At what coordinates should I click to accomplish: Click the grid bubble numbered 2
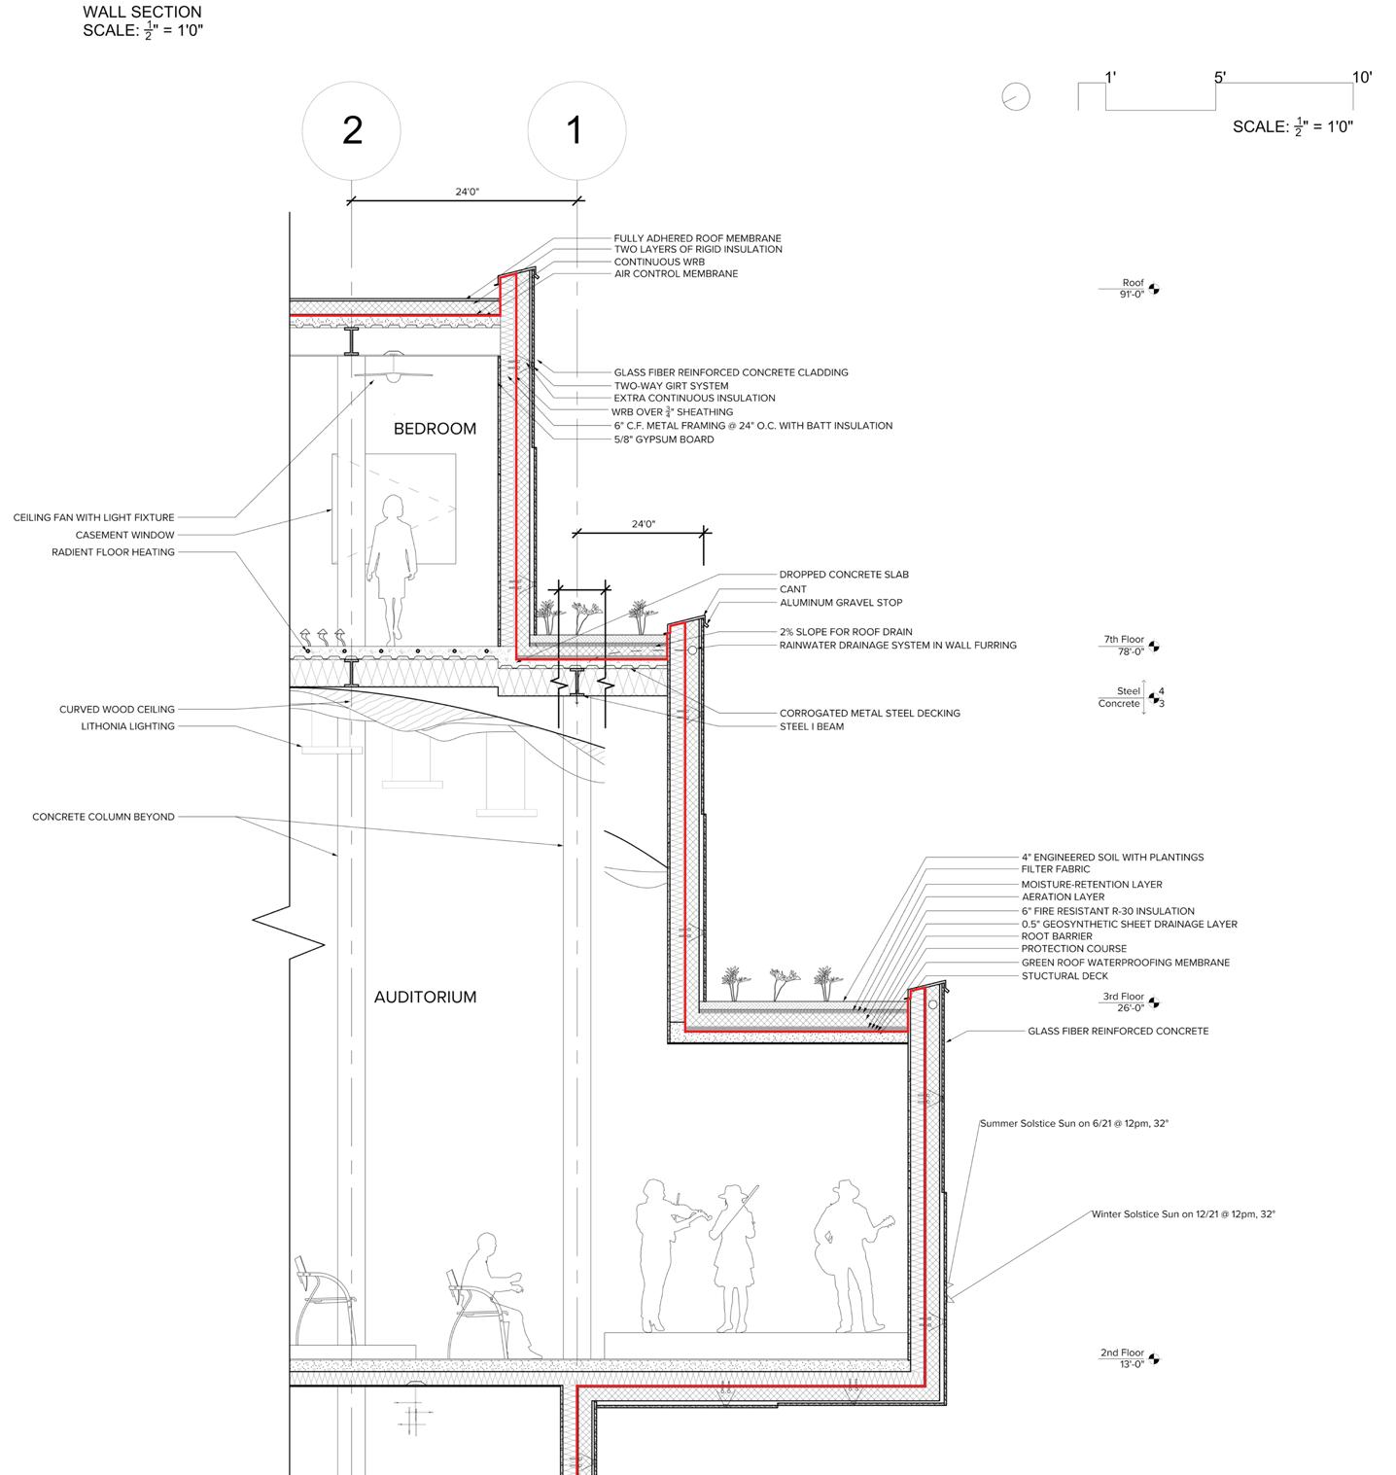[x=351, y=130]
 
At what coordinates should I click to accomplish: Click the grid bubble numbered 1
[x=576, y=130]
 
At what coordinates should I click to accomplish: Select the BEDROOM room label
[x=435, y=429]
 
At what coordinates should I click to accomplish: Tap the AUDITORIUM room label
[x=425, y=997]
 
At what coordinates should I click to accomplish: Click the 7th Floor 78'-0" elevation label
[x=1124, y=646]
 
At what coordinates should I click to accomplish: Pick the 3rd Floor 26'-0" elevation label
[x=1123, y=1002]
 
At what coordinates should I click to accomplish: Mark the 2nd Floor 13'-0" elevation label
[x=1122, y=1358]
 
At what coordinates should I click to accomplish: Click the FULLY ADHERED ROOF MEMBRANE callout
[x=697, y=238]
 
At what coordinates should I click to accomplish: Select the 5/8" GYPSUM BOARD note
[x=664, y=439]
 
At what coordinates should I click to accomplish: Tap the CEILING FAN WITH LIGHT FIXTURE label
[x=94, y=518]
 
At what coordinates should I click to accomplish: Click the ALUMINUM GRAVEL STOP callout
[x=841, y=603]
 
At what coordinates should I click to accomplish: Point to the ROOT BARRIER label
[x=1057, y=936]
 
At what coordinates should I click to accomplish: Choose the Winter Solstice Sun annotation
[x=1182, y=1214]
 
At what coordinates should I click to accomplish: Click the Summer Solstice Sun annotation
[x=1073, y=1124]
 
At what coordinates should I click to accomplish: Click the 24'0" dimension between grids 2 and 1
[x=467, y=192]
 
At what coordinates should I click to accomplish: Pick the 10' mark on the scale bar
[x=1362, y=78]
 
